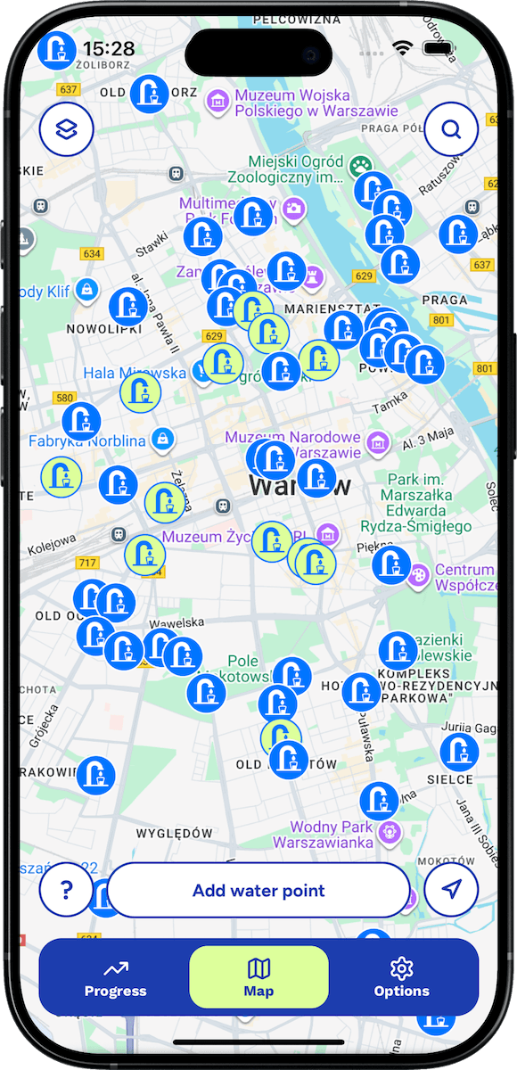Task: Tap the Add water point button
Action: pos(258,890)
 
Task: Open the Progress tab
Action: pos(115,977)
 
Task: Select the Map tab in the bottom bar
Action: pos(258,977)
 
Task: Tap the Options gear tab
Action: pos(402,977)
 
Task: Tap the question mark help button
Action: pos(66,890)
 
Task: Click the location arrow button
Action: pos(451,890)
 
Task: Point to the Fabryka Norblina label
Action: pos(86,440)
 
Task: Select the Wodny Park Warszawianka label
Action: pos(325,834)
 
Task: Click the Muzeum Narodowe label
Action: pos(292,444)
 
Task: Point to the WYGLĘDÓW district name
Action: pos(175,834)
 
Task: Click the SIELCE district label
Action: pos(451,779)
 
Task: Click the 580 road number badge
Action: pos(65,398)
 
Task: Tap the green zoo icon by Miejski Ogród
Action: pos(360,165)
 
